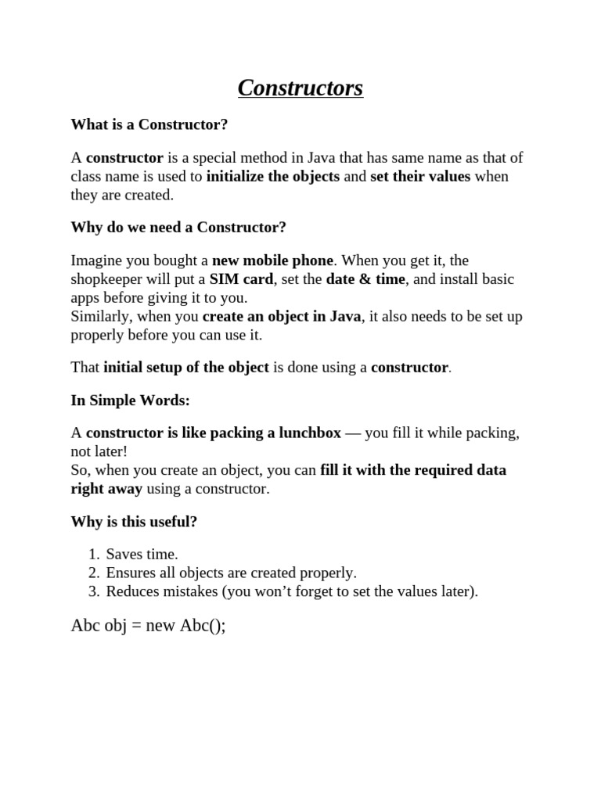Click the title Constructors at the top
[x=300, y=88]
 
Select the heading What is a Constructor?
[x=149, y=124]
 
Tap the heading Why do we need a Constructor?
[x=178, y=228]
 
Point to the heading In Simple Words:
[x=130, y=400]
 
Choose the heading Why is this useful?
[x=134, y=522]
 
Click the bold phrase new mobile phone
[x=272, y=260]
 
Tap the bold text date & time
[x=365, y=279]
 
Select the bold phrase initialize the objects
[x=273, y=176]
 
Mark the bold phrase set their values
[x=420, y=176]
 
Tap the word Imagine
[x=97, y=260]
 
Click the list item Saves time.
[x=142, y=554]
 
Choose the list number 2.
[x=92, y=573]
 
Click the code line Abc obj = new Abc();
[x=148, y=627]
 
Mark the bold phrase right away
[x=106, y=489]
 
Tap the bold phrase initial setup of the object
[x=186, y=367]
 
